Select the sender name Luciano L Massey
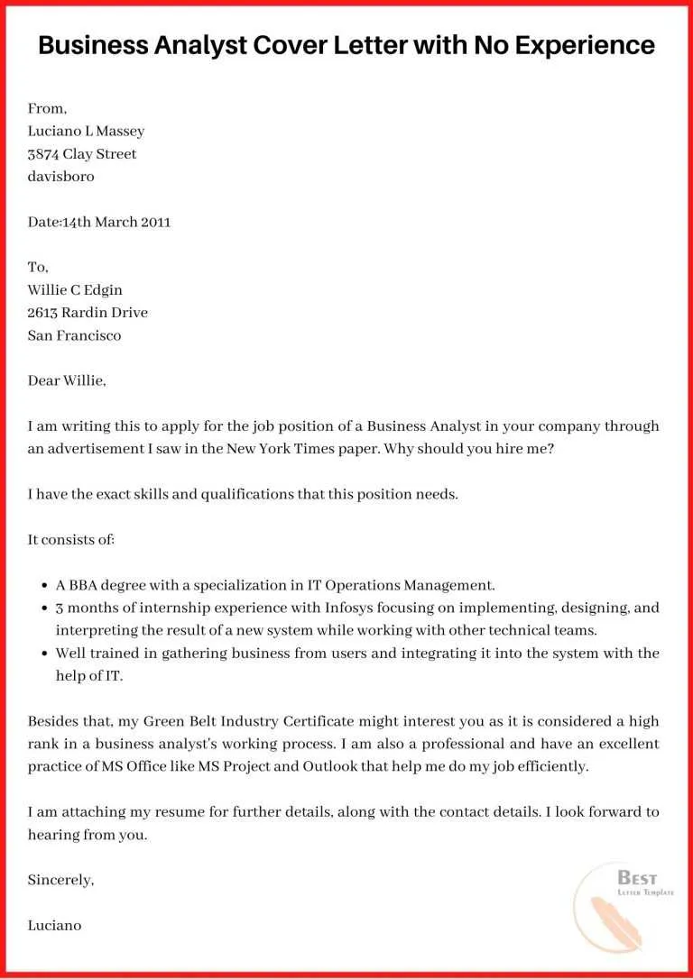[86, 131]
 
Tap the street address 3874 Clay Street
[82, 154]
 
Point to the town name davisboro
[60, 177]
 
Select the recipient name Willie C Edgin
[75, 290]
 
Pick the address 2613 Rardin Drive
[88, 313]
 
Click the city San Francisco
[74, 335]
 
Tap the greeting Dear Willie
[67, 380]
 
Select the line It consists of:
[71, 540]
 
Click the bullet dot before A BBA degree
[45, 585]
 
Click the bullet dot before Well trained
[45, 654]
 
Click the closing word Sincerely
[60, 880]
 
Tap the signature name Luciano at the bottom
[54, 925]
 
